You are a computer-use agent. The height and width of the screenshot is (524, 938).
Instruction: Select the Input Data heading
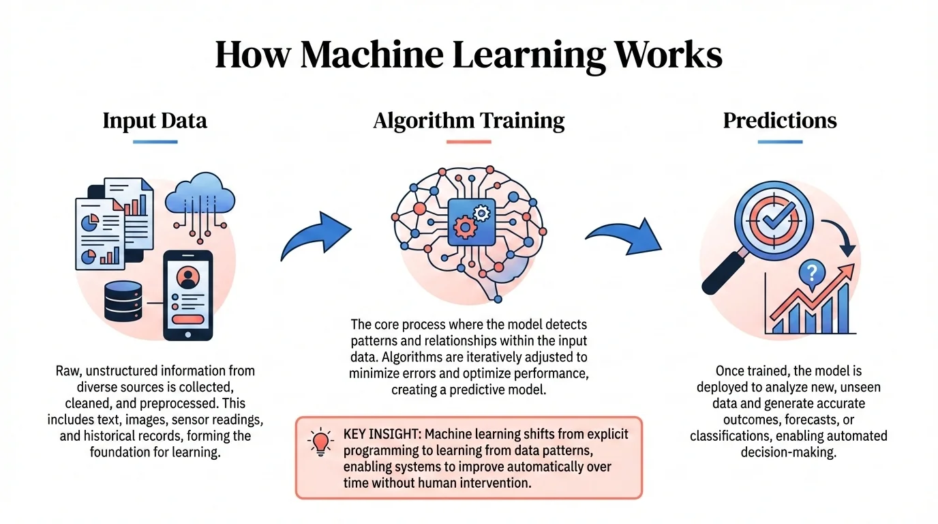(155, 121)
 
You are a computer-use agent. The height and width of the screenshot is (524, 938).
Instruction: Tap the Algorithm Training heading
(469, 121)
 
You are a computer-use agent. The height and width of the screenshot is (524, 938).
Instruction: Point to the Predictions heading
(780, 121)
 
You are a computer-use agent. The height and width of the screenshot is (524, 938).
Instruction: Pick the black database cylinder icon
(123, 301)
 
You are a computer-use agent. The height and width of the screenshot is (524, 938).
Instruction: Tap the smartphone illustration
(187, 295)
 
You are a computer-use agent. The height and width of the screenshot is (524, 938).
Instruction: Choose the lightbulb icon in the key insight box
(320, 441)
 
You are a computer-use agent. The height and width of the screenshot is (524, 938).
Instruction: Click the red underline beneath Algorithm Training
(469, 141)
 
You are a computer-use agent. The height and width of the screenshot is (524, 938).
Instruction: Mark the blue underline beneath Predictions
(780, 141)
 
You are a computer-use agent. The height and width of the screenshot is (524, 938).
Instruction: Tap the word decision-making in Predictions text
(788, 451)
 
